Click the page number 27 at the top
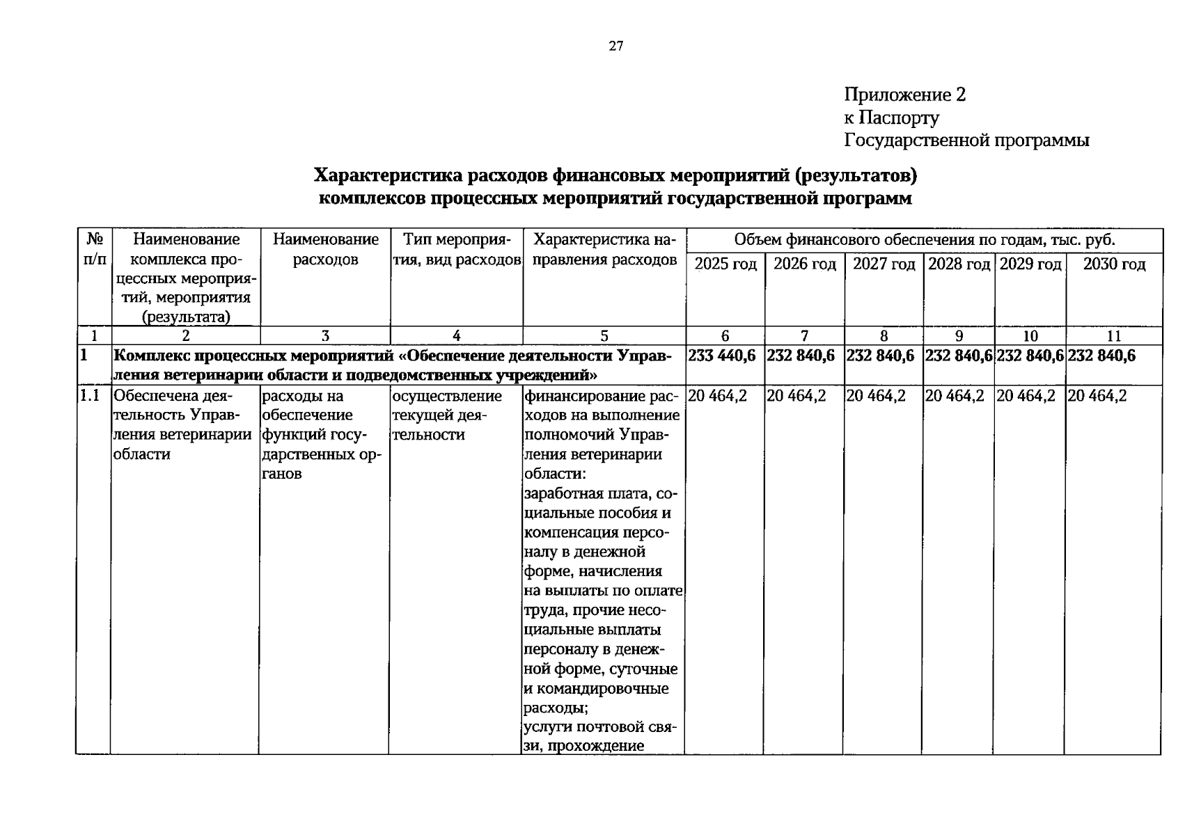615,47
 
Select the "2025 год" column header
725,265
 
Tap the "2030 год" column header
1113,265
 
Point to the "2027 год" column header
884,265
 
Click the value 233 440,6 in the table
722,356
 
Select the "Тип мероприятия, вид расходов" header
457,250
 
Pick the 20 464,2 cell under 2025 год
717,396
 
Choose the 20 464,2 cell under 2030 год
1097,396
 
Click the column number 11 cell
1113,336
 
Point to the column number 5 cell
604,336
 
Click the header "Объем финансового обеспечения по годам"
925,241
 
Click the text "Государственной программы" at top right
966,141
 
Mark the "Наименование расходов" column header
326,250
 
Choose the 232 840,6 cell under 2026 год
801,356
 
